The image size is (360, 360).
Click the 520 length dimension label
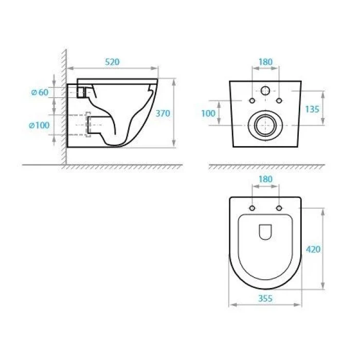tap(112, 62)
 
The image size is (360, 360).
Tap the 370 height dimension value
tap(163, 113)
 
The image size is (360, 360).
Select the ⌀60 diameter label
tap(40, 92)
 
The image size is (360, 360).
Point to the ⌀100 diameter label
tap(39, 125)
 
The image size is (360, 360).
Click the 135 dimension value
tap(312, 109)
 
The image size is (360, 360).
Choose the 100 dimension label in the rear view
tap(208, 113)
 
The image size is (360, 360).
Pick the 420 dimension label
tap(313, 249)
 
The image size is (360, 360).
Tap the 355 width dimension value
tap(265, 298)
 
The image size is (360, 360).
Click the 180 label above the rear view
tap(265, 62)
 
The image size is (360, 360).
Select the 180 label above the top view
tap(265, 179)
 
